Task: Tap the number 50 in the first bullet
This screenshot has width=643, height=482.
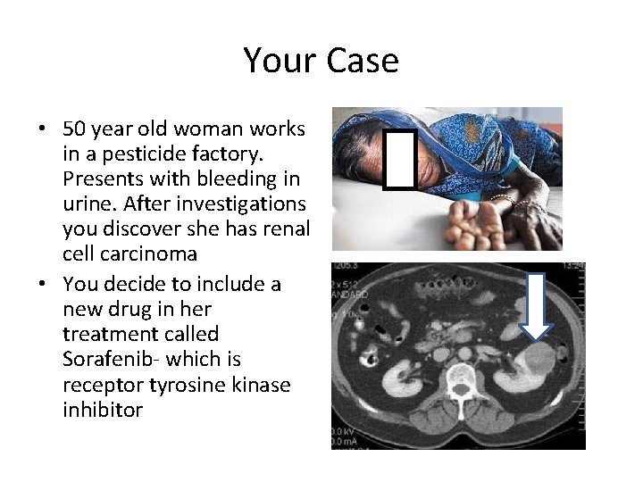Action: [73, 129]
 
